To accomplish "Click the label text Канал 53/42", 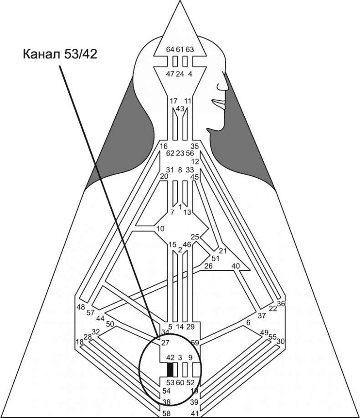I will (60, 54).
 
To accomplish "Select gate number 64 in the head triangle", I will (170, 49).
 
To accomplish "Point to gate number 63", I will (190, 49).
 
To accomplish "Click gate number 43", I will (180, 108).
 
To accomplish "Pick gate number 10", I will (159, 228).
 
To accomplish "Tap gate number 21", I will (222, 251).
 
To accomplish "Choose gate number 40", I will (236, 266).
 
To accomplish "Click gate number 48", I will (81, 307).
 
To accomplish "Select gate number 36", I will (281, 304).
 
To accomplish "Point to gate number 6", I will (248, 323).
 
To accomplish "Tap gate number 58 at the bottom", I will (167, 413).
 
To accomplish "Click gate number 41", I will (195, 413).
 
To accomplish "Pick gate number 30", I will (281, 341).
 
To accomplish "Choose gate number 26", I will (208, 266).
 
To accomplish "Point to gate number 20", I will (164, 176).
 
